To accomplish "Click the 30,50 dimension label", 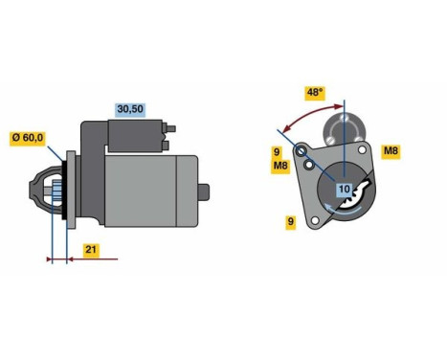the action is click(x=130, y=108).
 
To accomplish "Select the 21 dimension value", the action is click(x=90, y=250).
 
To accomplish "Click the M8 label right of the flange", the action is click(x=391, y=151).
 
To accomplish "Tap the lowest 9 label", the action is click(x=290, y=222).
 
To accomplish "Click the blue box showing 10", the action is click(x=343, y=190).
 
